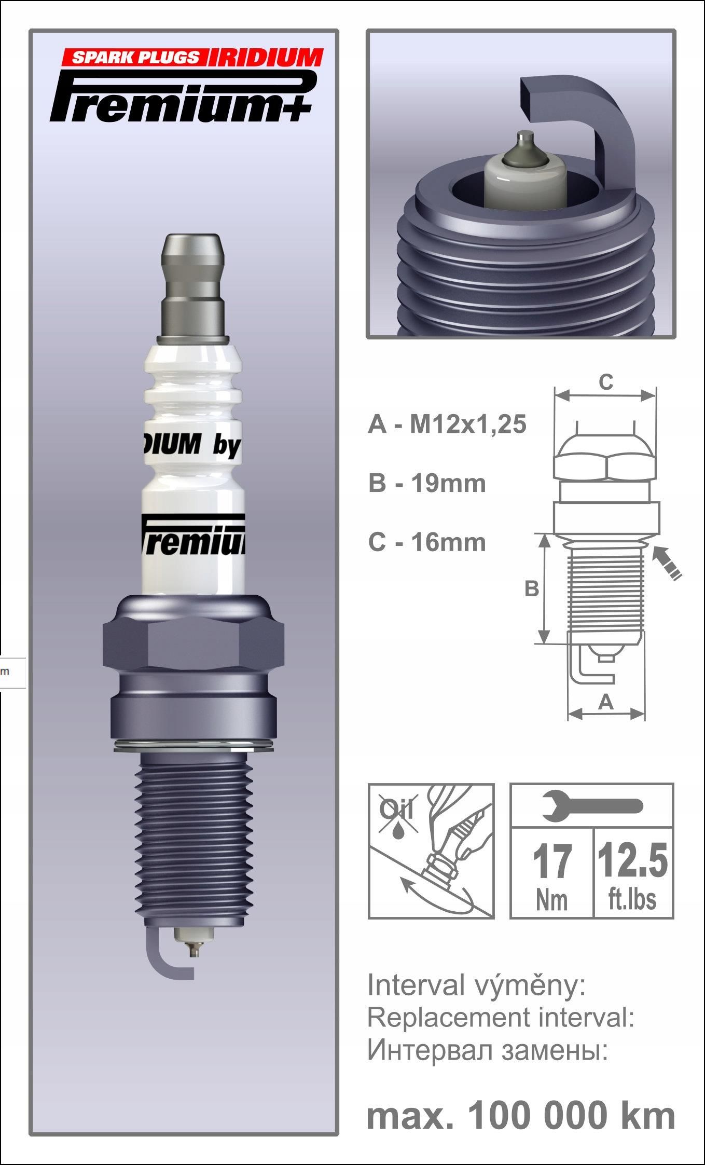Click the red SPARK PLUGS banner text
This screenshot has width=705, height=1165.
pyautogui.click(x=134, y=57)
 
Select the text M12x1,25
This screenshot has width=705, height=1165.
pyautogui.click(x=468, y=424)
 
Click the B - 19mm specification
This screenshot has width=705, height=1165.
pyautogui.click(x=427, y=483)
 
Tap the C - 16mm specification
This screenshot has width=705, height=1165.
pyautogui.click(x=427, y=542)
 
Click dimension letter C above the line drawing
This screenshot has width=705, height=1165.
pyautogui.click(x=606, y=382)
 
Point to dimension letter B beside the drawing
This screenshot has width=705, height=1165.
pyautogui.click(x=531, y=589)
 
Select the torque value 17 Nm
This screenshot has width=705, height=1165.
pyautogui.click(x=552, y=874)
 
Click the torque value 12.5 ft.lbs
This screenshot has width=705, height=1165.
pyautogui.click(x=632, y=874)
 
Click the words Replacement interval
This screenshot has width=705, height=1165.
pyautogui.click(x=500, y=1019)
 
